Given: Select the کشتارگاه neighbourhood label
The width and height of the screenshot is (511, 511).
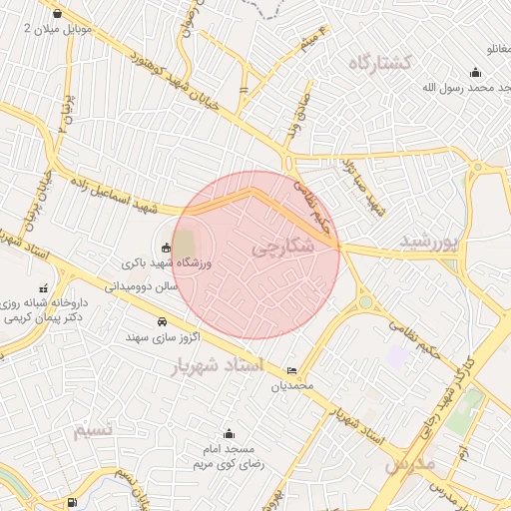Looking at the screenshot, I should [380, 63].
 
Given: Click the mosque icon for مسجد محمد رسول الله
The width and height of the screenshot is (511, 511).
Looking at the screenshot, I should [474, 71].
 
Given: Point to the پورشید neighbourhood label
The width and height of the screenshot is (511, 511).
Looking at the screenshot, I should [428, 242].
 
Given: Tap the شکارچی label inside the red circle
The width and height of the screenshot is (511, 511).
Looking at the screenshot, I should [282, 245].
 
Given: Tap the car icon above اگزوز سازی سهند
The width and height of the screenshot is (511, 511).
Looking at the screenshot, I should [162, 321].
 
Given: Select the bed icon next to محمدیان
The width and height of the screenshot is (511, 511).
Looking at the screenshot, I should [291, 369].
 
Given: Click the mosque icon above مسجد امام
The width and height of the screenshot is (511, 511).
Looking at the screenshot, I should [230, 433].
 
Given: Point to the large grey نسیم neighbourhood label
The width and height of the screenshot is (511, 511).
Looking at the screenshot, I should [97, 429].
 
